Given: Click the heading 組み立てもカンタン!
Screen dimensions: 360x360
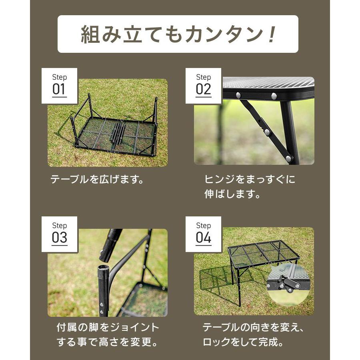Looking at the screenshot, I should coord(178,35).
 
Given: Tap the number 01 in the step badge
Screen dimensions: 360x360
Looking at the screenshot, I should coord(59,89).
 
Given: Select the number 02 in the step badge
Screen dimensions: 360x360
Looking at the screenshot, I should coord(203,89).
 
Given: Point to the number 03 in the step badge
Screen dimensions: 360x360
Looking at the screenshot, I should coord(59,238).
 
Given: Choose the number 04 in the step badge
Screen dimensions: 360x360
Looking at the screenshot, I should coord(203,238).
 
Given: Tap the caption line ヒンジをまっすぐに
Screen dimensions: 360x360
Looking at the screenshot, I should coord(250,179).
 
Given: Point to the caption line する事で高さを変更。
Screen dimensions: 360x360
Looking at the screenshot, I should coord(107,343).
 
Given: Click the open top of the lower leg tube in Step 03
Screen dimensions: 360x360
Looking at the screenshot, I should coord(104,268).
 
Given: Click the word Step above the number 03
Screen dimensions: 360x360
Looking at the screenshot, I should coord(59,226).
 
